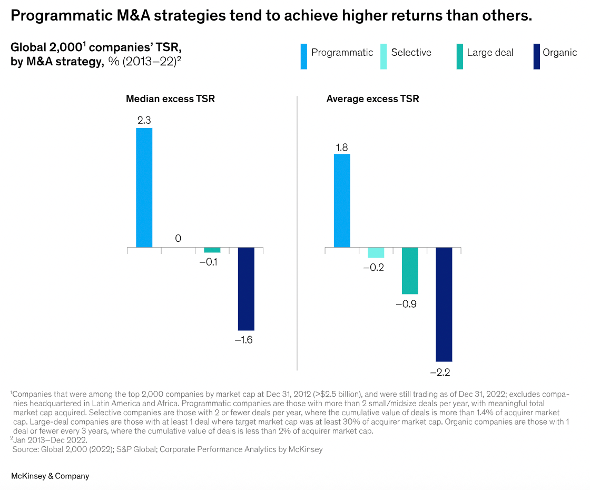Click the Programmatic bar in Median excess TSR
pyautogui.click(x=144, y=188)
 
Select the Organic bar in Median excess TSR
pyautogui.click(x=246, y=289)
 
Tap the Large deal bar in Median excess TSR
pyautogui.click(x=212, y=250)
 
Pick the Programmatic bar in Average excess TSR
pyautogui.click(x=342, y=201)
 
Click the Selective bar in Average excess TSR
pyautogui.click(x=376, y=252)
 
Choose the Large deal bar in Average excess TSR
pyautogui.click(x=410, y=271)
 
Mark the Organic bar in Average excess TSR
pyautogui.click(x=444, y=305)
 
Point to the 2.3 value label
pyautogui.click(x=144, y=121)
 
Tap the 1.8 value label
pyautogui.click(x=342, y=147)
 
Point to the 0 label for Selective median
pyautogui.click(x=178, y=239)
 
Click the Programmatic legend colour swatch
pyautogui.click(x=304, y=57)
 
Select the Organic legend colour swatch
pyautogui.click(x=536, y=57)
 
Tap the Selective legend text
pyautogui.click(x=411, y=53)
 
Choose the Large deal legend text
pyautogui.click(x=490, y=53)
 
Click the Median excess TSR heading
pyautogui.click(x=170, y=99)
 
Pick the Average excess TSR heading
pyautogui.click(x=372, y=99)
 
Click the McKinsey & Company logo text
pyautogui.click(x=50, y=476)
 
